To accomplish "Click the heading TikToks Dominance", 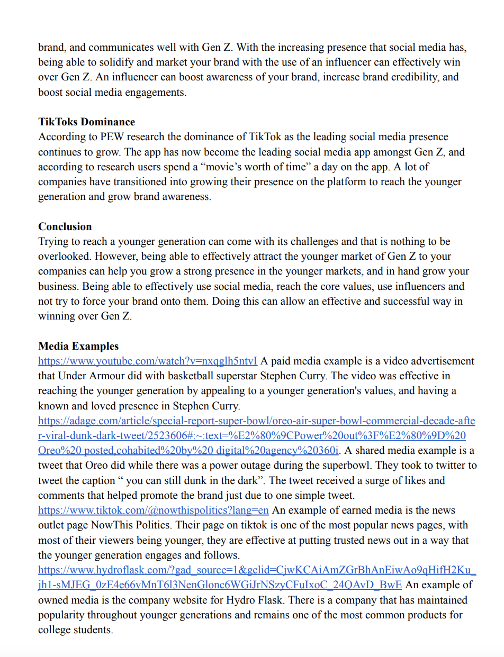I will pos(86,122).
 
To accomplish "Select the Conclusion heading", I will pos(65,227).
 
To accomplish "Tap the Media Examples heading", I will pos(78,346).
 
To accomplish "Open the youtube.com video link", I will pos(148,361).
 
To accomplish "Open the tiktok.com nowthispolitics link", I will pos(153,511).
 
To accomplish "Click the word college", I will pos(56,631).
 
